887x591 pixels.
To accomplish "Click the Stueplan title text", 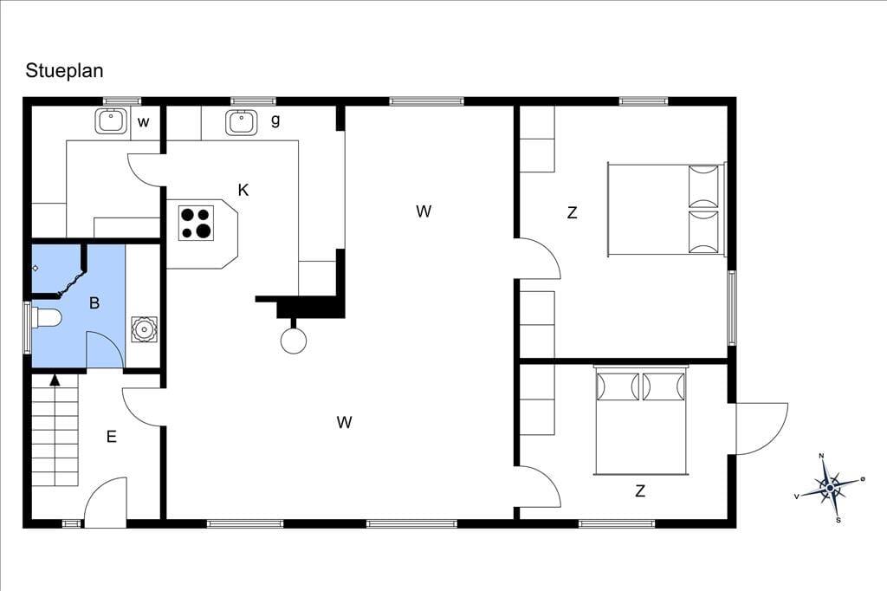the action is click(x=64, y=71).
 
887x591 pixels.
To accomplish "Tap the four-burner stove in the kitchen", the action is click(x=196, y=223).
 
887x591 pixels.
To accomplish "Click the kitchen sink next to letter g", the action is click(x=242, y=122).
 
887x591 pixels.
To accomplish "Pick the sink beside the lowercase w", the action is click(x=111, y=121).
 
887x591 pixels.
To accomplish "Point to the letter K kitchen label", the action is click(x=243, y=190).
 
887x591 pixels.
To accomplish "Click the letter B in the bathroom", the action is click(x=94, y=302).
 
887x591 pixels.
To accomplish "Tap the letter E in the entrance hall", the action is click(x=112, y=437).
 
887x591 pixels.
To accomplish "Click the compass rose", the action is click(x=829, y=487).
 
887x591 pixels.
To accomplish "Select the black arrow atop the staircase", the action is click(x=55, y=380).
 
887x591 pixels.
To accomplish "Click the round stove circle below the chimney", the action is click(x=294, y=341).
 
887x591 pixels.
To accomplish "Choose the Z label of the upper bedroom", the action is click(x=572, y=213).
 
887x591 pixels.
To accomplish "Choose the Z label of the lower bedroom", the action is click(x=640, y=490).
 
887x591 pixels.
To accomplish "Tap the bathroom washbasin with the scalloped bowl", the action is click(x=144, y=329).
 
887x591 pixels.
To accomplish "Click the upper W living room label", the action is click(x=423, y=211).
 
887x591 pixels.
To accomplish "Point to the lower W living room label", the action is click(x=344, y=422).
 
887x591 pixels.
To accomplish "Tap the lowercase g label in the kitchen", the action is click(x=275, y=120).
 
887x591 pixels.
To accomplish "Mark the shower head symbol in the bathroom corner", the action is click(x=35, y=269).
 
